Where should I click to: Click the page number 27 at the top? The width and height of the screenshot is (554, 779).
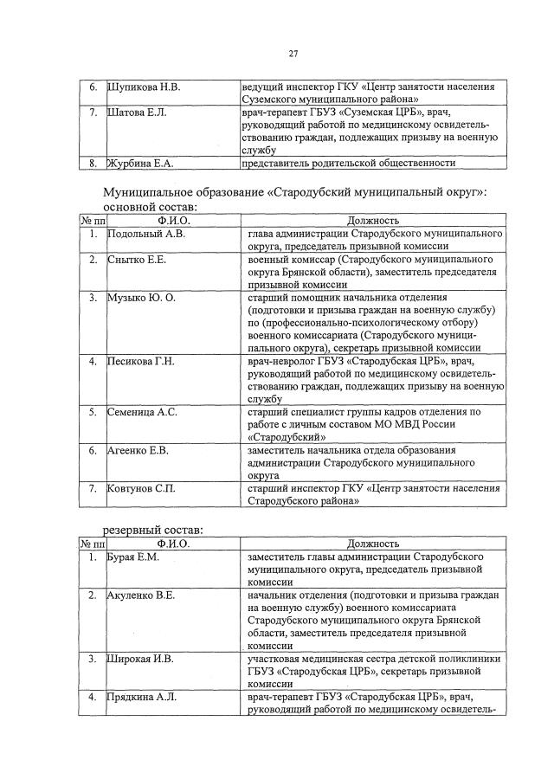click(293, 55)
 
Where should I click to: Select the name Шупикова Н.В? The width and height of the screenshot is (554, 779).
click(144, 87)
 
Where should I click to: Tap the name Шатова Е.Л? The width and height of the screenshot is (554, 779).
click(136, 113)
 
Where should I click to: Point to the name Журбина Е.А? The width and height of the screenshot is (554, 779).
click(140, 163)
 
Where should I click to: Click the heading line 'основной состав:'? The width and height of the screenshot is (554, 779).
click(150, 207)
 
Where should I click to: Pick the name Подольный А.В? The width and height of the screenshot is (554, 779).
click(146, 234)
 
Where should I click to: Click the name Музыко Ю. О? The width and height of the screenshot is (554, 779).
click(141, 297)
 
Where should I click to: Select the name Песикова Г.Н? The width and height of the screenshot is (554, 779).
click(141, 361)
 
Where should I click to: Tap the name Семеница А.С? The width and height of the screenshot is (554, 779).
click(141, 412)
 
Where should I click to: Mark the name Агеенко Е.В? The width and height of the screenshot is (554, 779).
click(138, 450)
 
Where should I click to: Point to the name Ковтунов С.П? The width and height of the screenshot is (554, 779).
click(140, 488)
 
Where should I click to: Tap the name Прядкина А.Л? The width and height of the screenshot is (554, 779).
click(141, 696)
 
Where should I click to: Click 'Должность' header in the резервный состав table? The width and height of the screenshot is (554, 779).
click(373, 543)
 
